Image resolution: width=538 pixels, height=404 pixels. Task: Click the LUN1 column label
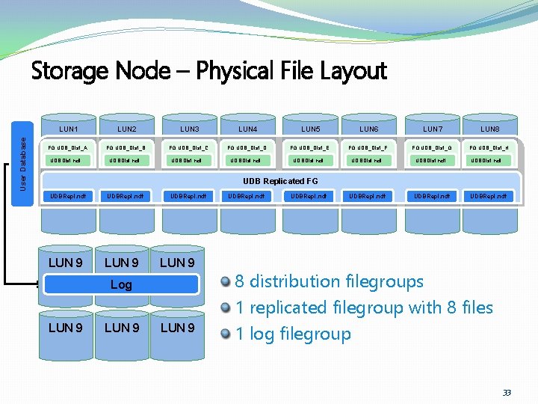coord(67,129)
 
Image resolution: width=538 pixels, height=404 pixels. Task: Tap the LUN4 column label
coord(247,129)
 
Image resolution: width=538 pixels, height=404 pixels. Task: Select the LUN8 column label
coord(490,129)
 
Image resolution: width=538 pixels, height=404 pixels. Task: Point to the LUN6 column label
coord(369,129)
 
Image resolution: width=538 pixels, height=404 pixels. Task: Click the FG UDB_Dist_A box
coord(68,147)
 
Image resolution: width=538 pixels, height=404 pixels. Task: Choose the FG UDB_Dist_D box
coord(247,147)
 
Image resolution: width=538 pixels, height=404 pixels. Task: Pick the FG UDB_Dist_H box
coord(489,147)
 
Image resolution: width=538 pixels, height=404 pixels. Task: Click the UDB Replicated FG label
coord(280,181)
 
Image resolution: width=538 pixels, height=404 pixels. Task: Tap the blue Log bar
coord(121,284)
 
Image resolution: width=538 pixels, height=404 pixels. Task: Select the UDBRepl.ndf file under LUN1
coord(68,197)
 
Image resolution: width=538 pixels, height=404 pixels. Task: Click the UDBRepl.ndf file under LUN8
coord(489,197)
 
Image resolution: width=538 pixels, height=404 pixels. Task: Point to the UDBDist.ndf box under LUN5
coord(309,161)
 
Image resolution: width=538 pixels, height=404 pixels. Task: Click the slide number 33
coord(507,393)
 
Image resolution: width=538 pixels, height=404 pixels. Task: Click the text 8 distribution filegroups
coord(329,281)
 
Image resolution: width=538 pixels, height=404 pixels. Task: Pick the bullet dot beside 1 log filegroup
coord(226,334)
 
